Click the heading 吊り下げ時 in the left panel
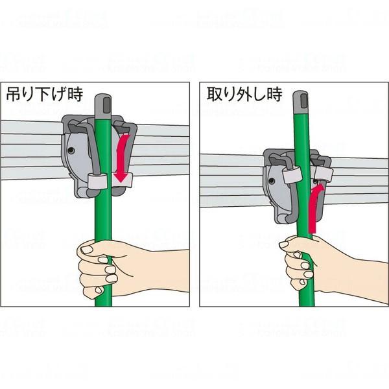coord(44,95)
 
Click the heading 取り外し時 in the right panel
coord(244,95)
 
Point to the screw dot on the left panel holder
coord(71,150)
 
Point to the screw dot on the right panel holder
coord(272,181)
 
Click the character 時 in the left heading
coord(75,95)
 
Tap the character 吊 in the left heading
coord(14,95)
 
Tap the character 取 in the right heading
coord(214,95)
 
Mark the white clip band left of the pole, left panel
coord(98,181)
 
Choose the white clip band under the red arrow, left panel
coord(123,181)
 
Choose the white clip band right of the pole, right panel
coord(324,174)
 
